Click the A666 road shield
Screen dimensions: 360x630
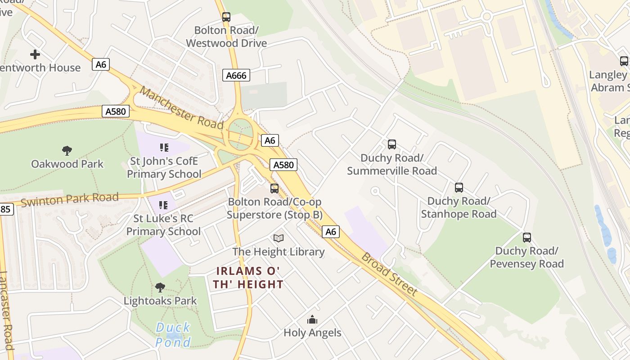point(236,75)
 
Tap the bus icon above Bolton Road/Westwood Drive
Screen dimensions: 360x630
point(226,17)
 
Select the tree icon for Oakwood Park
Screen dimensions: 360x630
point(67,150)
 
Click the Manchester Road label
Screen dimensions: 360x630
point(181,107)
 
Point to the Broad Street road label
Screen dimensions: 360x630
point(390,274)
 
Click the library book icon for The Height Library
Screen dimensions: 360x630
point(279,238)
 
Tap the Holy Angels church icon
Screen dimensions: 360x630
point(312,320)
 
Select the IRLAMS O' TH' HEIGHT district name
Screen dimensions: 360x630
point(249,278)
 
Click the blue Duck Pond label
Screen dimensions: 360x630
point(173,335)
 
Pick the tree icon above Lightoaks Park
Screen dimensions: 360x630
point(160,287)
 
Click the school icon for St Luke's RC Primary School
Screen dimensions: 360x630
point(163,205)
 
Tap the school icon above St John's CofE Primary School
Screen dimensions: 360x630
point(164,147)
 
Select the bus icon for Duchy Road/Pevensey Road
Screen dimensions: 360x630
point(526,237)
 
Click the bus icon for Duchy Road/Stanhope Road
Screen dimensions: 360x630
point(459,188)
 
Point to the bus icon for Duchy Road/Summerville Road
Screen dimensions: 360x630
point(392,144)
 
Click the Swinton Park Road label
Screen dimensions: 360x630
point(70,199)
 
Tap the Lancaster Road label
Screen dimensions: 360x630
point(7,310)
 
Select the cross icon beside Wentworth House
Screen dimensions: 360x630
point(35,54)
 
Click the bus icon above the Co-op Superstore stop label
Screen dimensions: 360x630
point(274,189)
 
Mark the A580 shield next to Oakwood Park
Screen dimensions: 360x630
point(116,111)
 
